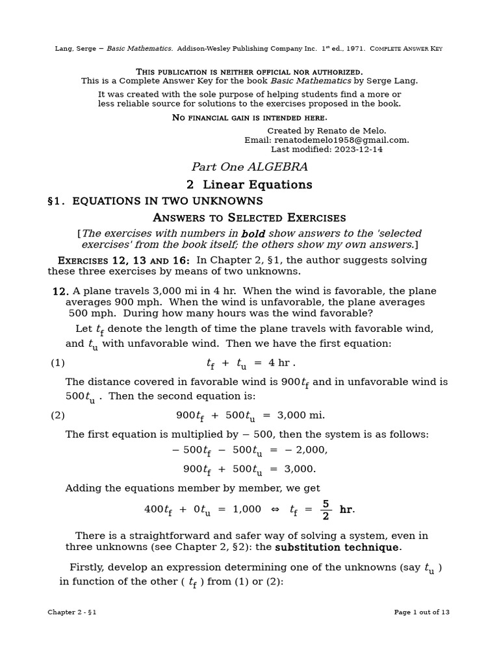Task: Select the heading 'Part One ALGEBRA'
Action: (249, 167)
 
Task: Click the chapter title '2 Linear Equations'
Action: (249, 185)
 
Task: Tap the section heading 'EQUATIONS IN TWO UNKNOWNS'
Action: (168, 201)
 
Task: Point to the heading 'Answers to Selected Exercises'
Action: (249, 218)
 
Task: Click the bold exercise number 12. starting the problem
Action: (60, 292)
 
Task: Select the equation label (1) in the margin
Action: (58, 363)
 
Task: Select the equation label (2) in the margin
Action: (58, 415)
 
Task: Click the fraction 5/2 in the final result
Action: (326, 510)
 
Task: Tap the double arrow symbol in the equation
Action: (275, 510)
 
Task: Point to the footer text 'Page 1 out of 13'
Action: (422, 612)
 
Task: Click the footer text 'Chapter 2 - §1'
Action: (72, 612)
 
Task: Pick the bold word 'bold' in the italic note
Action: (253, 234)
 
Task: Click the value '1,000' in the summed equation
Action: (247, 510)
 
